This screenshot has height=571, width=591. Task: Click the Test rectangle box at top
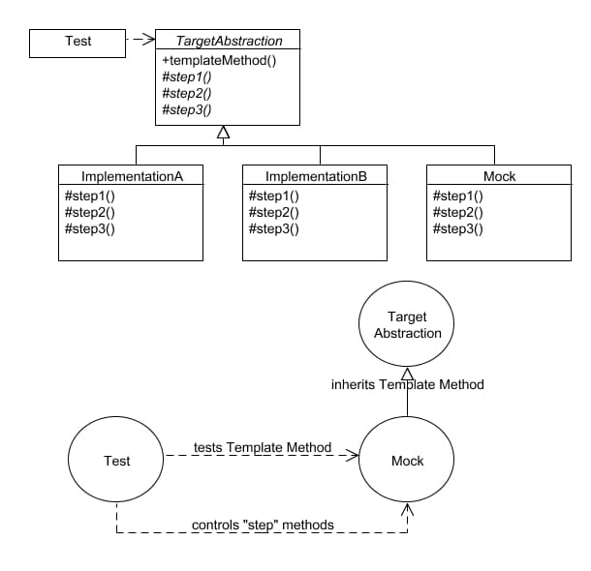point(78,41)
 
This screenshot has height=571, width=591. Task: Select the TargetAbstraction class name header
point(229,42)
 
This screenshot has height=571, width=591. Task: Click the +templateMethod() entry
point(219,60)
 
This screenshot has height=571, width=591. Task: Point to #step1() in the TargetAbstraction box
point(187,76)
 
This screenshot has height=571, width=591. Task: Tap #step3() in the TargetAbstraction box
point(187,109)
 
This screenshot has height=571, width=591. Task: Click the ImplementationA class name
point(131,177)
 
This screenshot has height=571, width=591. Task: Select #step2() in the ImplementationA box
point(89,212)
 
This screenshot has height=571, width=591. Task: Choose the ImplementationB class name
point(315,177)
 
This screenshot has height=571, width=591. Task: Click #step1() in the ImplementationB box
point(274,195)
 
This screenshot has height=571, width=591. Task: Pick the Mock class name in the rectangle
point(499,177)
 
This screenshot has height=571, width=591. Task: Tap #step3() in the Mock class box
point(457,228)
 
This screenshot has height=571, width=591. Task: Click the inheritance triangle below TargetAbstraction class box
point(223,133)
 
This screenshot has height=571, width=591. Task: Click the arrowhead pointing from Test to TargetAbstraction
point(148,40)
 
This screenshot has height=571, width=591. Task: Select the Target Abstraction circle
point(407,324)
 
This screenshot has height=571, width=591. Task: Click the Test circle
point(116,461)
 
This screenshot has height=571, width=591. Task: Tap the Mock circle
point(407,461)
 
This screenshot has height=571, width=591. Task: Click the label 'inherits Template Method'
point(407,384)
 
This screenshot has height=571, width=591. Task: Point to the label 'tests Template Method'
point(263,447)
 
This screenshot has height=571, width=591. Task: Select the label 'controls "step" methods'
point(263,525)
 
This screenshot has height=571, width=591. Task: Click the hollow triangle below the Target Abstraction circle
point(407,375)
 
